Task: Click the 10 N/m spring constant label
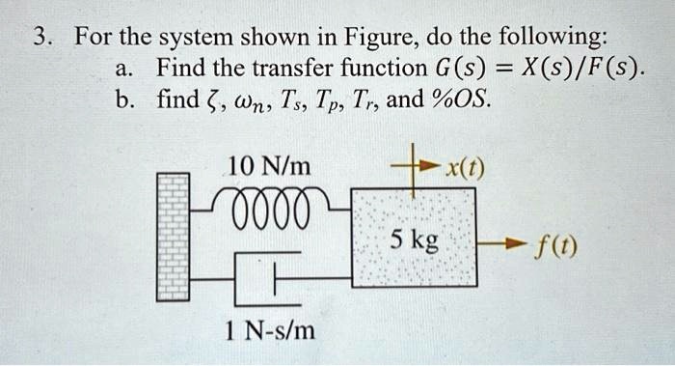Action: point(269,166)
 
